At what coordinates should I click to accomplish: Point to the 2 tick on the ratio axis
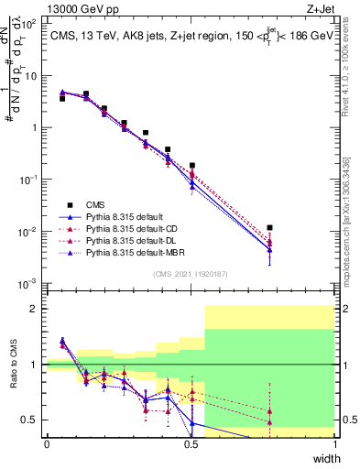(x=36, y=309)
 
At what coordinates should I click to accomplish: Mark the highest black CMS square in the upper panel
(x=86, y=93)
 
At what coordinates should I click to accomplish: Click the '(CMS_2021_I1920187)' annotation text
(x=191, y=272)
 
